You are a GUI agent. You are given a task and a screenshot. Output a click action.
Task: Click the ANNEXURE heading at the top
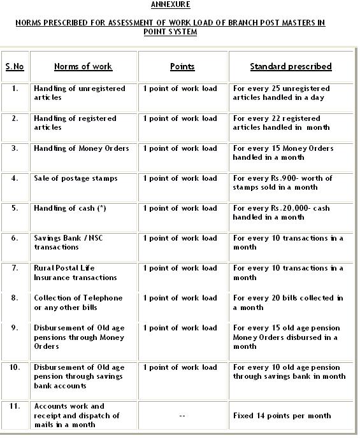pyautogui.click(x=170, y=4)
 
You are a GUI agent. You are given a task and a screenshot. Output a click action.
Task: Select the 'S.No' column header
pyautogui.click(x=15, y=66)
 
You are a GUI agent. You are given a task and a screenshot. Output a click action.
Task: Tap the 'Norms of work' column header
pyautogui.click(x=83, y=66)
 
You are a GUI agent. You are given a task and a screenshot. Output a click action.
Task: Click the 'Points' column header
pyautogui.click(x=182, y=66)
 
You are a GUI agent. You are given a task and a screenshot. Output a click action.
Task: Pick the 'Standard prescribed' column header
pyautogui.click(x=291, y=66)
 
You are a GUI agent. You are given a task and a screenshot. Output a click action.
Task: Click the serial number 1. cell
pyautogui.click(x=15, y=88)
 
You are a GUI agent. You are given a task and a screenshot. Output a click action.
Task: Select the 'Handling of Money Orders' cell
pyautogui.click(x=82, y=148)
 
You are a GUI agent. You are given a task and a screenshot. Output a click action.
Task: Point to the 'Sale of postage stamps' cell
pyautogui.click(x=76, y=178)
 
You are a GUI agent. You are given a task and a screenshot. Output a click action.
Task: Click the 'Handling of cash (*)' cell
pyautogui.click(x=70, y=208)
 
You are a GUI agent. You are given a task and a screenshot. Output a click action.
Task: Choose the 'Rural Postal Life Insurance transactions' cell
pyautogui.click(x=75, y=272)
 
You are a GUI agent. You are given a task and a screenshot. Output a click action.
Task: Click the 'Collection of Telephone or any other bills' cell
pyautogui.click(x=78, y=302)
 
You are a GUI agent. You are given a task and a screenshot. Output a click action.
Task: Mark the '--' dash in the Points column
pyautogui.click(x=182, y=416)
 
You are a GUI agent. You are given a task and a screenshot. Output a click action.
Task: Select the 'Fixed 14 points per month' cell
pyautogui.click(x=282, y=416)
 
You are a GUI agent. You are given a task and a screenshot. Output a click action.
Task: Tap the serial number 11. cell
pyautogui.click(x=15, y=406)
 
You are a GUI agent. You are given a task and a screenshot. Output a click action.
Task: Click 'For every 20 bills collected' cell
pyautogui.click(x=288, y=302)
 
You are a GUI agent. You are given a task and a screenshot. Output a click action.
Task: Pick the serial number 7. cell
pyautogui.click(x=15, y=268)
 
